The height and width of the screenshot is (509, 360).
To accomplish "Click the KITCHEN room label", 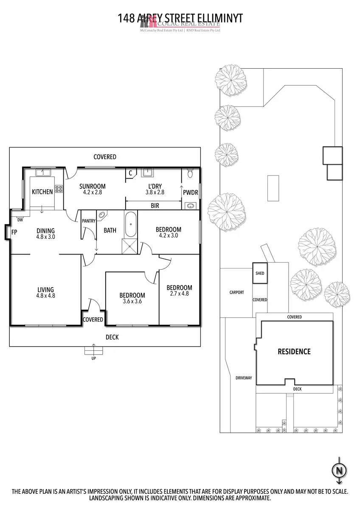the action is (x=42, y=192).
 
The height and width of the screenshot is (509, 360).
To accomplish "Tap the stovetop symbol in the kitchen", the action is (x=59, y=189).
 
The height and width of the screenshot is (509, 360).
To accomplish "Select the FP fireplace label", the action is (x=14, y=232).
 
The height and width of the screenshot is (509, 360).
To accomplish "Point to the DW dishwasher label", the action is (x=20, y=220).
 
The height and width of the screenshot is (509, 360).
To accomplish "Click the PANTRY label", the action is (x=88, y=221).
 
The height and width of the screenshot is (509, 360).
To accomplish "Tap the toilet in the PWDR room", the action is (x=190, y=173).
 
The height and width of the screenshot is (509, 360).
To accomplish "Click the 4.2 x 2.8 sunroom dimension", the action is (x=92, y=192).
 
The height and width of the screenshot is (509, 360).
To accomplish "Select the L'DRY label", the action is (x=155, y=186).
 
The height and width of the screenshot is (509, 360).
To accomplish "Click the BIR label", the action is (x=155, y=205).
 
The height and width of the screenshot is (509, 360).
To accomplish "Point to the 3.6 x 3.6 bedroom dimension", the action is (x=132, y=302).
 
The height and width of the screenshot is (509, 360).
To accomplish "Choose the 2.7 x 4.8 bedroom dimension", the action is (x=179, y=294).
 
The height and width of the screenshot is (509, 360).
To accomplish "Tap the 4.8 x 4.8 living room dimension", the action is (x=45, y=296).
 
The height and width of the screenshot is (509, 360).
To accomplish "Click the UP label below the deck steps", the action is (x=93, y=358).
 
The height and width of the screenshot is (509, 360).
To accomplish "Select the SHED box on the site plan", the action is (x=259, y=273).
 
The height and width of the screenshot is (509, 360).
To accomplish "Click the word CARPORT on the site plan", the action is (x=236, y=292).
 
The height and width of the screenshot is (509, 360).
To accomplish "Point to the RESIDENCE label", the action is (x=294, y=352).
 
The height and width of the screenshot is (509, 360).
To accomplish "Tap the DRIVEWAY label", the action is (x=244, y=378).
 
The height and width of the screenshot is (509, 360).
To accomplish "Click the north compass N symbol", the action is (x=339, y=470).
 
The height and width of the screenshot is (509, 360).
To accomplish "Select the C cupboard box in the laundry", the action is (x=131, y=173).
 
